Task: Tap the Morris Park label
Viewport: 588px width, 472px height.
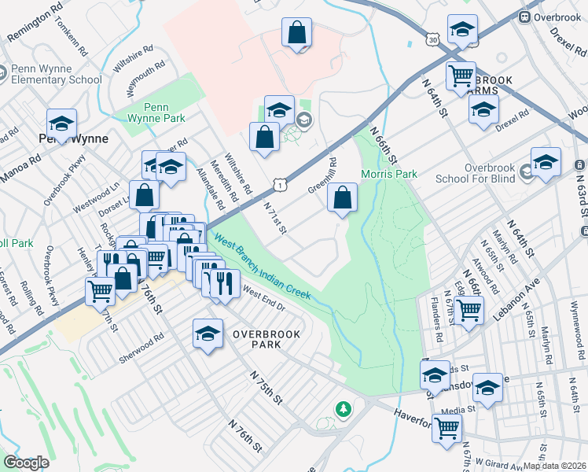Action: point(388,174)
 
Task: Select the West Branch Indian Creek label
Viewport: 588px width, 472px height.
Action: point(263,269)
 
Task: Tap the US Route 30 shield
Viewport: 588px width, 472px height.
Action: point(433,39)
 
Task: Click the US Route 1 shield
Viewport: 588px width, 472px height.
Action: point(280,184)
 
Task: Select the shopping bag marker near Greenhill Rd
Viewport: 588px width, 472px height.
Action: point(343,199)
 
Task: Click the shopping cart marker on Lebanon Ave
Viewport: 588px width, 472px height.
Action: point(469,308)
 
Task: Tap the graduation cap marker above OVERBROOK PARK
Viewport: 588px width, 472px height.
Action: point(208,334)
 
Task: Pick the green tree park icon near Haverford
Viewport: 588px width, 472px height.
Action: point(343,408)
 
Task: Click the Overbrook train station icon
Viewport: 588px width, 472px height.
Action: point(524,17)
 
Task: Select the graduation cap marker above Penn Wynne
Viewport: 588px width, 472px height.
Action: point(61,124)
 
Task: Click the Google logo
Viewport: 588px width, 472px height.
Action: point(26,463)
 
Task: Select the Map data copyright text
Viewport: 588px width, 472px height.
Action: point(553,466)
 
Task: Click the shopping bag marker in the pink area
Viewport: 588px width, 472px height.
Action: point(297,33)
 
